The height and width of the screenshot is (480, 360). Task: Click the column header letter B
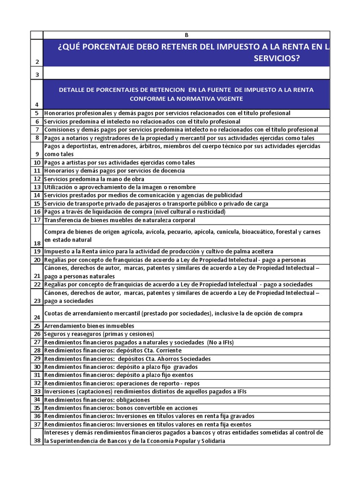tap(186, 35)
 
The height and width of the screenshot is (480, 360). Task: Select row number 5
tap(37, 113)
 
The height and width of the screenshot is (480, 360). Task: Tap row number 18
tap(37, 242)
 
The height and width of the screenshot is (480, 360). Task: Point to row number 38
tap(37, 441)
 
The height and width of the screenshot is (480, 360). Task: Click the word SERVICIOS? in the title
tap(277, 58)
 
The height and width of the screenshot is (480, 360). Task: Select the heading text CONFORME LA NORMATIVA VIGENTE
tap(186, 98)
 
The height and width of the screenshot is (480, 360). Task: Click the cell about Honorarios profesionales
tap(167, 113)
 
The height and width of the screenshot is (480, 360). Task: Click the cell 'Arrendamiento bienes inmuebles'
tap(89, 326)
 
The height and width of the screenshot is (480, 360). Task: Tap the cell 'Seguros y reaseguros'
tap(99, 334)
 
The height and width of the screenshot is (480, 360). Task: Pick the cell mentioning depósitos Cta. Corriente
tap(112, 351)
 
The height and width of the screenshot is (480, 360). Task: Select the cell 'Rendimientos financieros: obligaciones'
tap(97, 400)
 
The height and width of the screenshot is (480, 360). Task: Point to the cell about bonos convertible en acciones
tap(120, 408)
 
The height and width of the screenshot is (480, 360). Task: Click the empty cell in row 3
tap(186, 74)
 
